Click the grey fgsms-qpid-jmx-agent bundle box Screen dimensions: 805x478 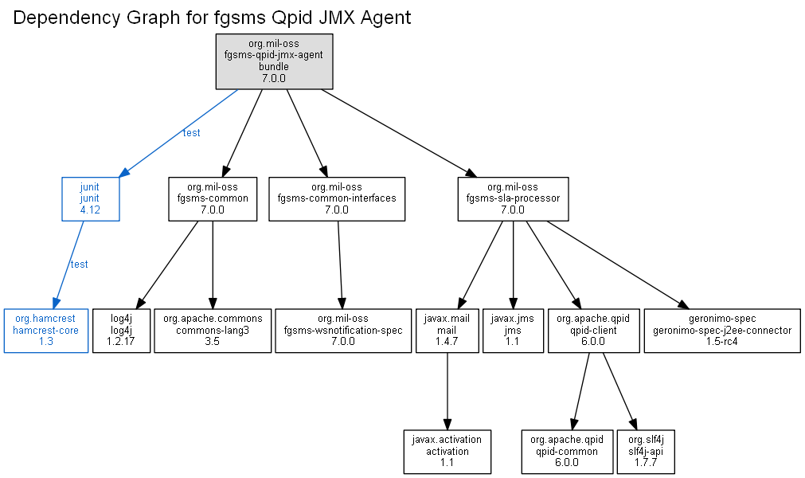point(274,61)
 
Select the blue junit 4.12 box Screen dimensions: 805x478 point(90,199)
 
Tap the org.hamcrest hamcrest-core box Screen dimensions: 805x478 point(46,331)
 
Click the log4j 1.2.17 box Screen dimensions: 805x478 point(121,331)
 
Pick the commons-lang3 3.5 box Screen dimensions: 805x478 point(213,331)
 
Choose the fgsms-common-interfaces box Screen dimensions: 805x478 point(337,199)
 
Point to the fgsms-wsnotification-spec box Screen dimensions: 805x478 point(343,331)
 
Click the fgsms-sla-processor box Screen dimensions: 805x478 point(513,199)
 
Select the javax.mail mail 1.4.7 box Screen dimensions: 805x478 point(447,331)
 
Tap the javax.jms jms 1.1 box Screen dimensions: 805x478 point(513,331)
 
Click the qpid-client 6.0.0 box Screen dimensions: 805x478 point(593,331)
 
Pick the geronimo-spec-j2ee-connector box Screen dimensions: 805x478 point(722,331)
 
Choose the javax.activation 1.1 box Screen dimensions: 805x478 point(447,452)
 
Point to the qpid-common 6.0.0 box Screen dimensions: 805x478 point(567,452)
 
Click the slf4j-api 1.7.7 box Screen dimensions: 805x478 point(646,452)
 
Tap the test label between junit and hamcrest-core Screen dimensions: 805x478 point(79,264)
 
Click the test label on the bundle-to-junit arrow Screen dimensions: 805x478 point(191,133)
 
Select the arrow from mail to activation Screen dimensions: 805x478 point(447,391)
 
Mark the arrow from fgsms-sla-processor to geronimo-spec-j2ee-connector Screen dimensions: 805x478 point(618,265)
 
